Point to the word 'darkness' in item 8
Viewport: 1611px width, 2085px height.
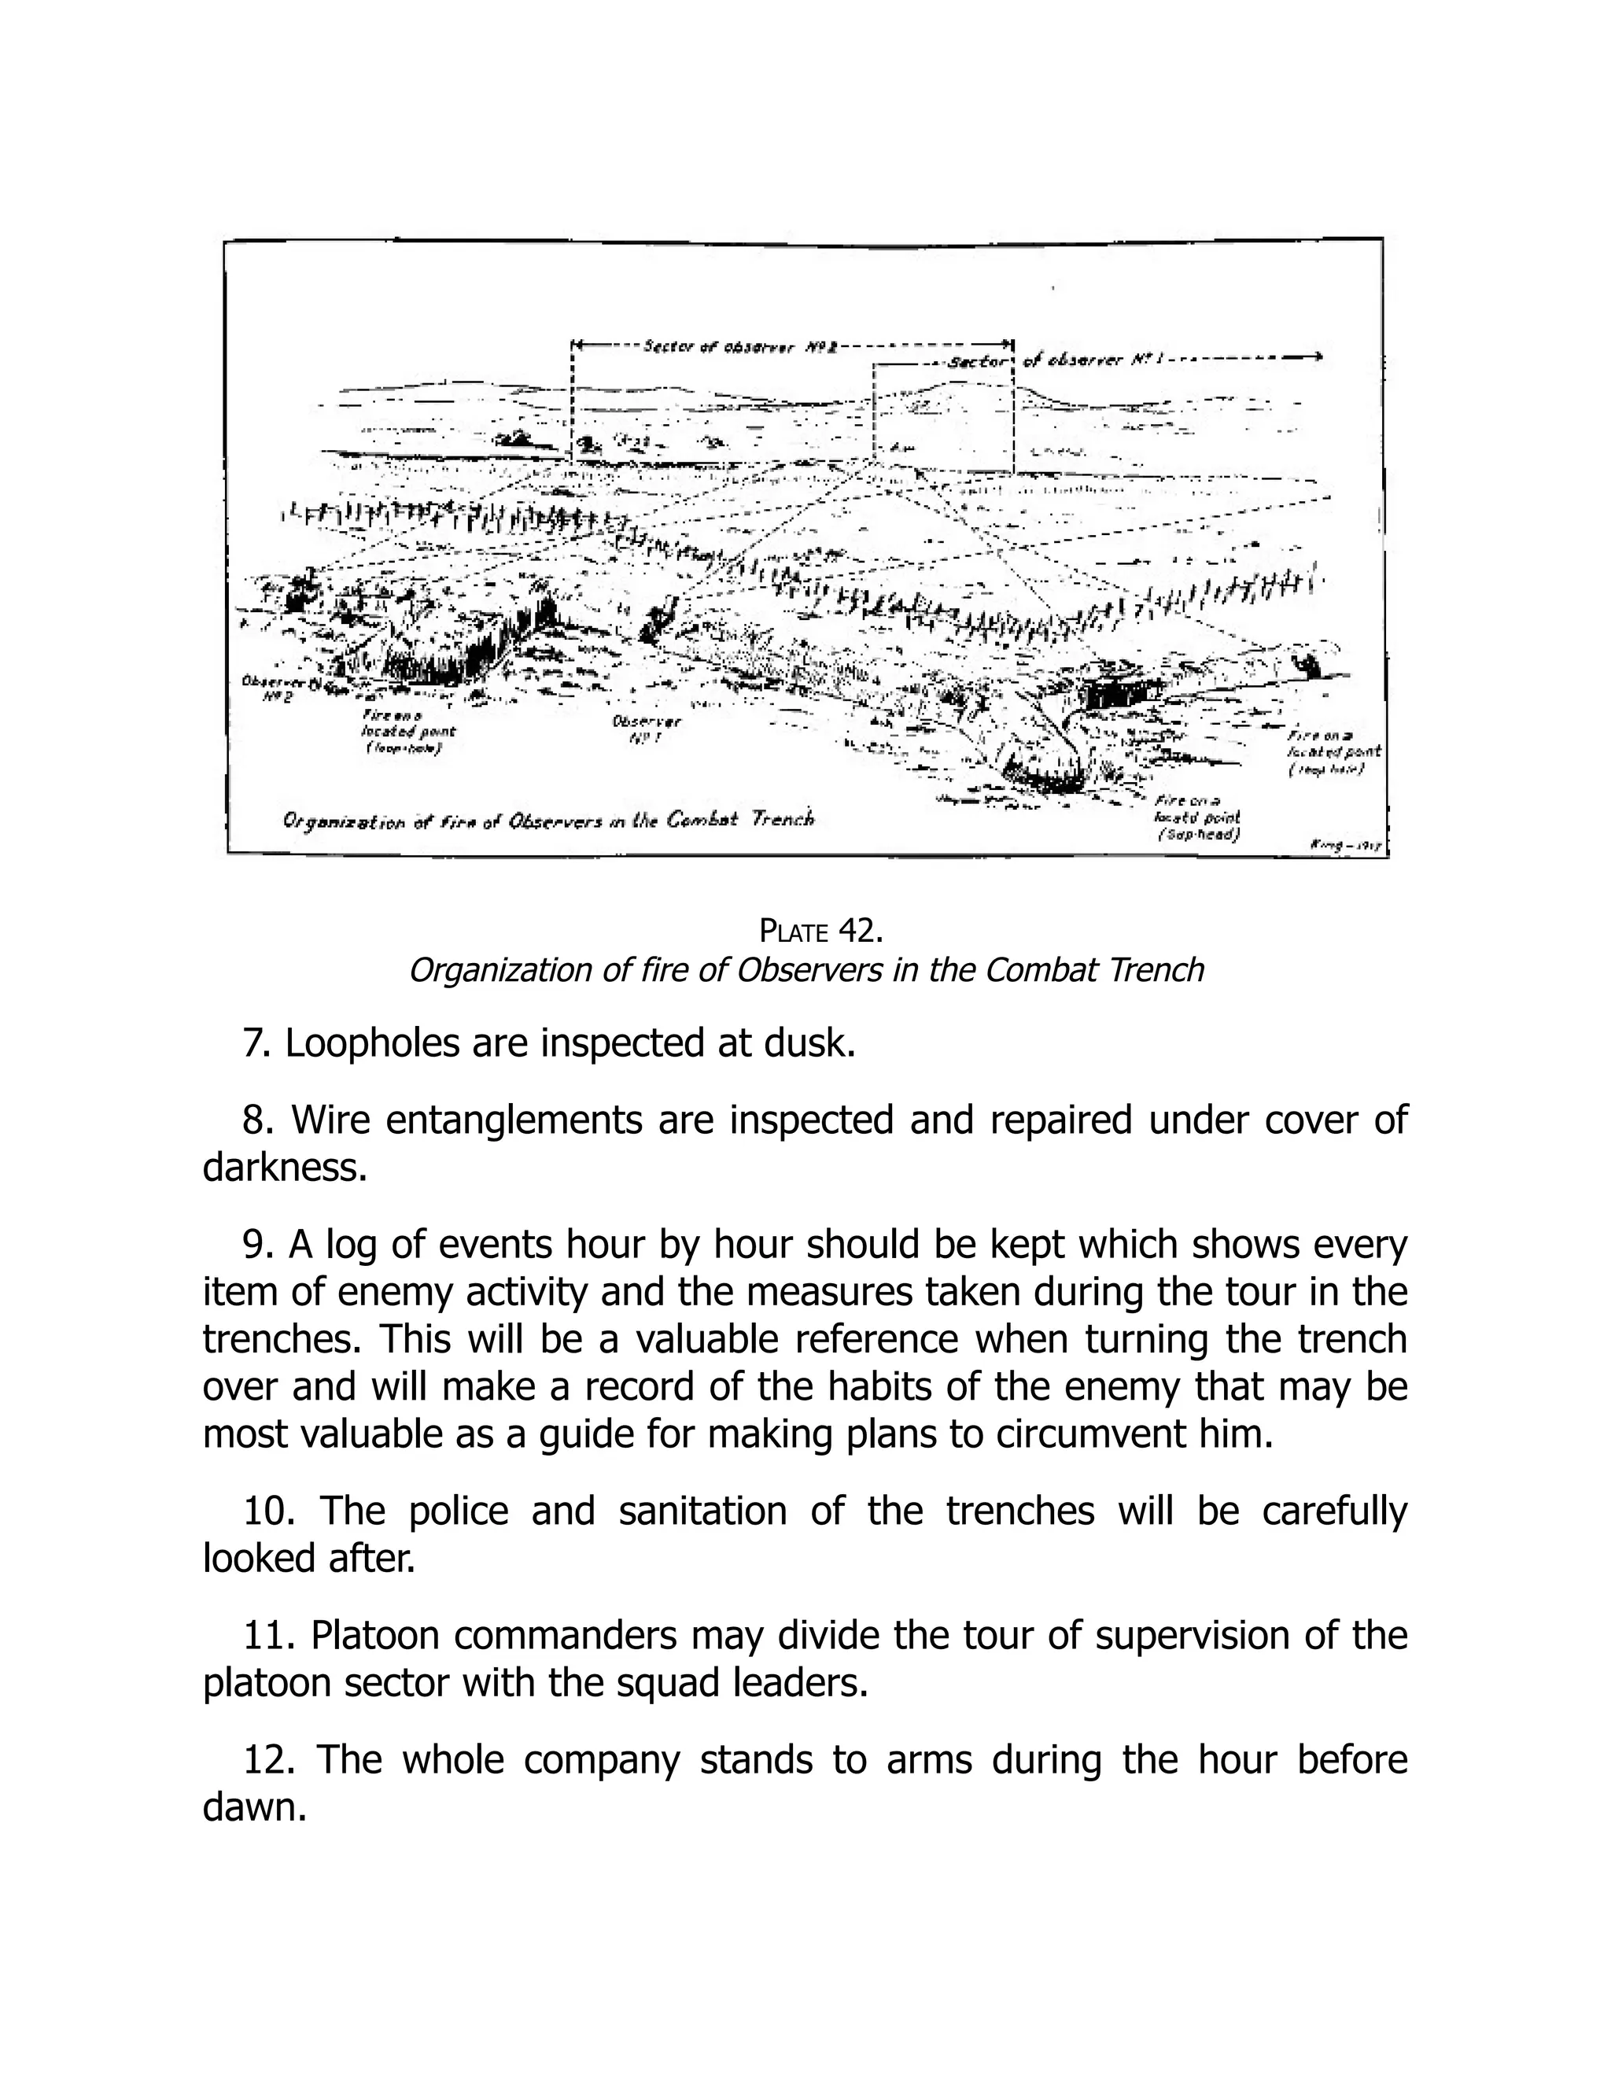point(283,1167)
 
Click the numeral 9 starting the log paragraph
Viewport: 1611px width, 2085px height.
point(253,1244)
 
